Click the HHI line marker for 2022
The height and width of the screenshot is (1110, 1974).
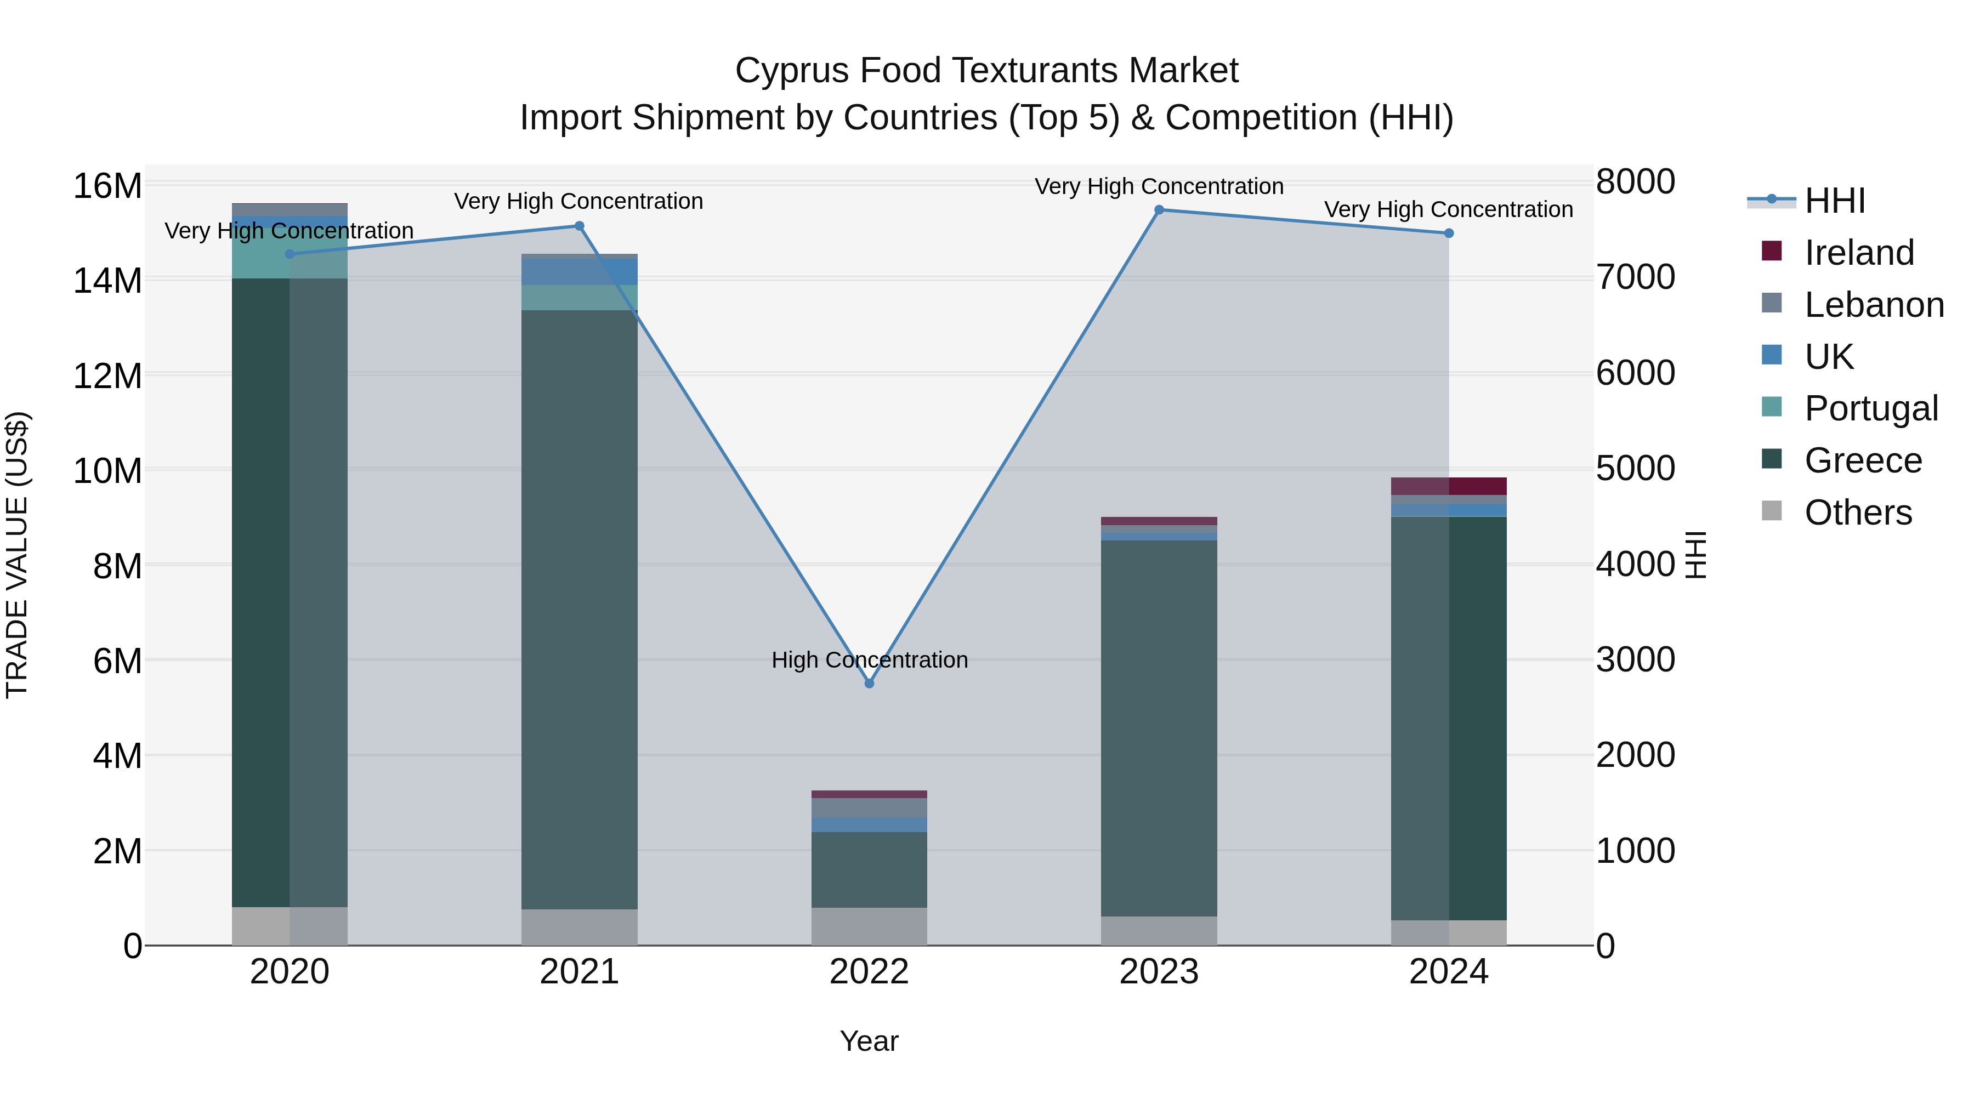pos(869,684)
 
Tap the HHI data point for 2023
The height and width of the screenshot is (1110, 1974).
pos(1159,210)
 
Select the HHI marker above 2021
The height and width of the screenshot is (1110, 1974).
pos(580,226)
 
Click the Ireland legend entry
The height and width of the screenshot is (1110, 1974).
pos(1858,253)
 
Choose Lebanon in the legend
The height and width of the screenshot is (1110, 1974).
pos(1874,305)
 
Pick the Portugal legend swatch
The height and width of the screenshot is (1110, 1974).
pos(1772,407)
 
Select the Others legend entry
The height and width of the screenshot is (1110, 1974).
pos(1858,513)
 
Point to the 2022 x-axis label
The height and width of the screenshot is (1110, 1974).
pos(869,972)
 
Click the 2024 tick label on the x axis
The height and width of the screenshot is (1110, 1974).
pos(1448,972)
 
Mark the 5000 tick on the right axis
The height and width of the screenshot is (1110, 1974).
pos(1635,468)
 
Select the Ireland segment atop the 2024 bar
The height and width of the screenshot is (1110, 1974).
pos(1448,486)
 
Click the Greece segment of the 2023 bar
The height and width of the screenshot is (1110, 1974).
pos(1159,728)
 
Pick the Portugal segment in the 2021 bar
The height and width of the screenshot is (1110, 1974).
pos(580,297)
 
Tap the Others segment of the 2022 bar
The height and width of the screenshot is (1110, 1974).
pos(869,926)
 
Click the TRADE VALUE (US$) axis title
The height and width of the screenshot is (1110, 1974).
pos(17,555)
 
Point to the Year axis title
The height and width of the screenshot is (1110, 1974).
pos(869,1041)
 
